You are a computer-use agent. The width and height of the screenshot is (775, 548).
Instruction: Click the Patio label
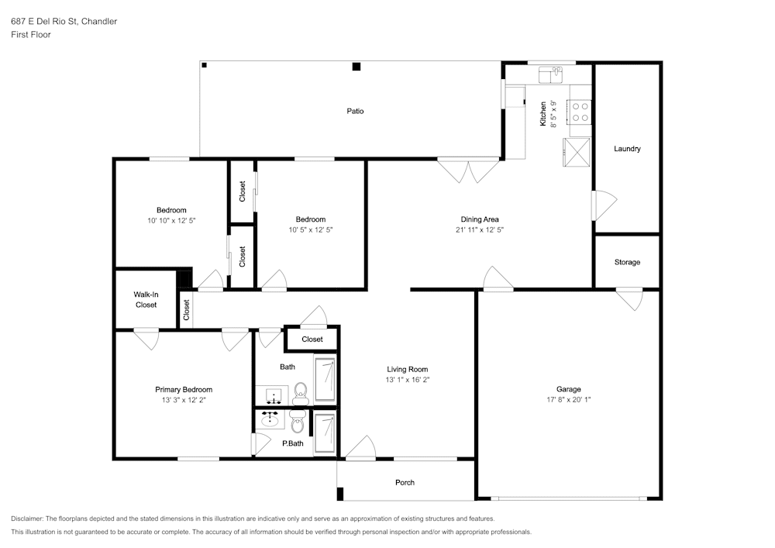(x=355, y=111)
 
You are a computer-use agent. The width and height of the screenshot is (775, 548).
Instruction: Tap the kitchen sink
(x=550, y=75)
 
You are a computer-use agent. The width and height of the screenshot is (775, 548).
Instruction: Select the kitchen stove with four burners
(x=580, y=112)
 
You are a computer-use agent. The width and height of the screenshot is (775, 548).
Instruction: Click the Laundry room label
(x=627, y=148)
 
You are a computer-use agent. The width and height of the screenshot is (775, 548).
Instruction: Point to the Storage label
(x=627, y=262)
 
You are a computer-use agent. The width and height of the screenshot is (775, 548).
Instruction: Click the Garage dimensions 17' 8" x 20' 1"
(x=568, y=400)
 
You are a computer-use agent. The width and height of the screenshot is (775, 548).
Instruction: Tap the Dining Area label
(x=480, y=219)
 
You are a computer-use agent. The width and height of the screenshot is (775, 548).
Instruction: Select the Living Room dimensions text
(x=408, y=380)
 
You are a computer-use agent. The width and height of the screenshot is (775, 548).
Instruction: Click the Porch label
(x=405, y=482)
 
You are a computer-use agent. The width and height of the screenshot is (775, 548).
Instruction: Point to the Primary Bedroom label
(x=184, y=389)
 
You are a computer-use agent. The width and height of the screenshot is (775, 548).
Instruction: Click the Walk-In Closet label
(x=146, y=299)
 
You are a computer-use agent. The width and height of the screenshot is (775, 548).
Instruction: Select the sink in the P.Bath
(x=270, y=419)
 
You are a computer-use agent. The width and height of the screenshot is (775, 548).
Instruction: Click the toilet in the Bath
(x=300, y=393)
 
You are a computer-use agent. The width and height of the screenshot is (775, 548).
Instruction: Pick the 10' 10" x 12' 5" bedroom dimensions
(x=171, y=220)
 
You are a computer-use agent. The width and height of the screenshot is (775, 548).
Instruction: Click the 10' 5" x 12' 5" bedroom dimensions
(x=311, y=229)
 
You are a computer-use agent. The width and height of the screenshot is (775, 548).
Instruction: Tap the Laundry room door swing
(x=604, y=205)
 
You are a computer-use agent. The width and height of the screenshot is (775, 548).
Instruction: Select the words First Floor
(x=31, y=35)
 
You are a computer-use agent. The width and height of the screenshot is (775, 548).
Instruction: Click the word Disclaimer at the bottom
(x=26, y=519)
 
